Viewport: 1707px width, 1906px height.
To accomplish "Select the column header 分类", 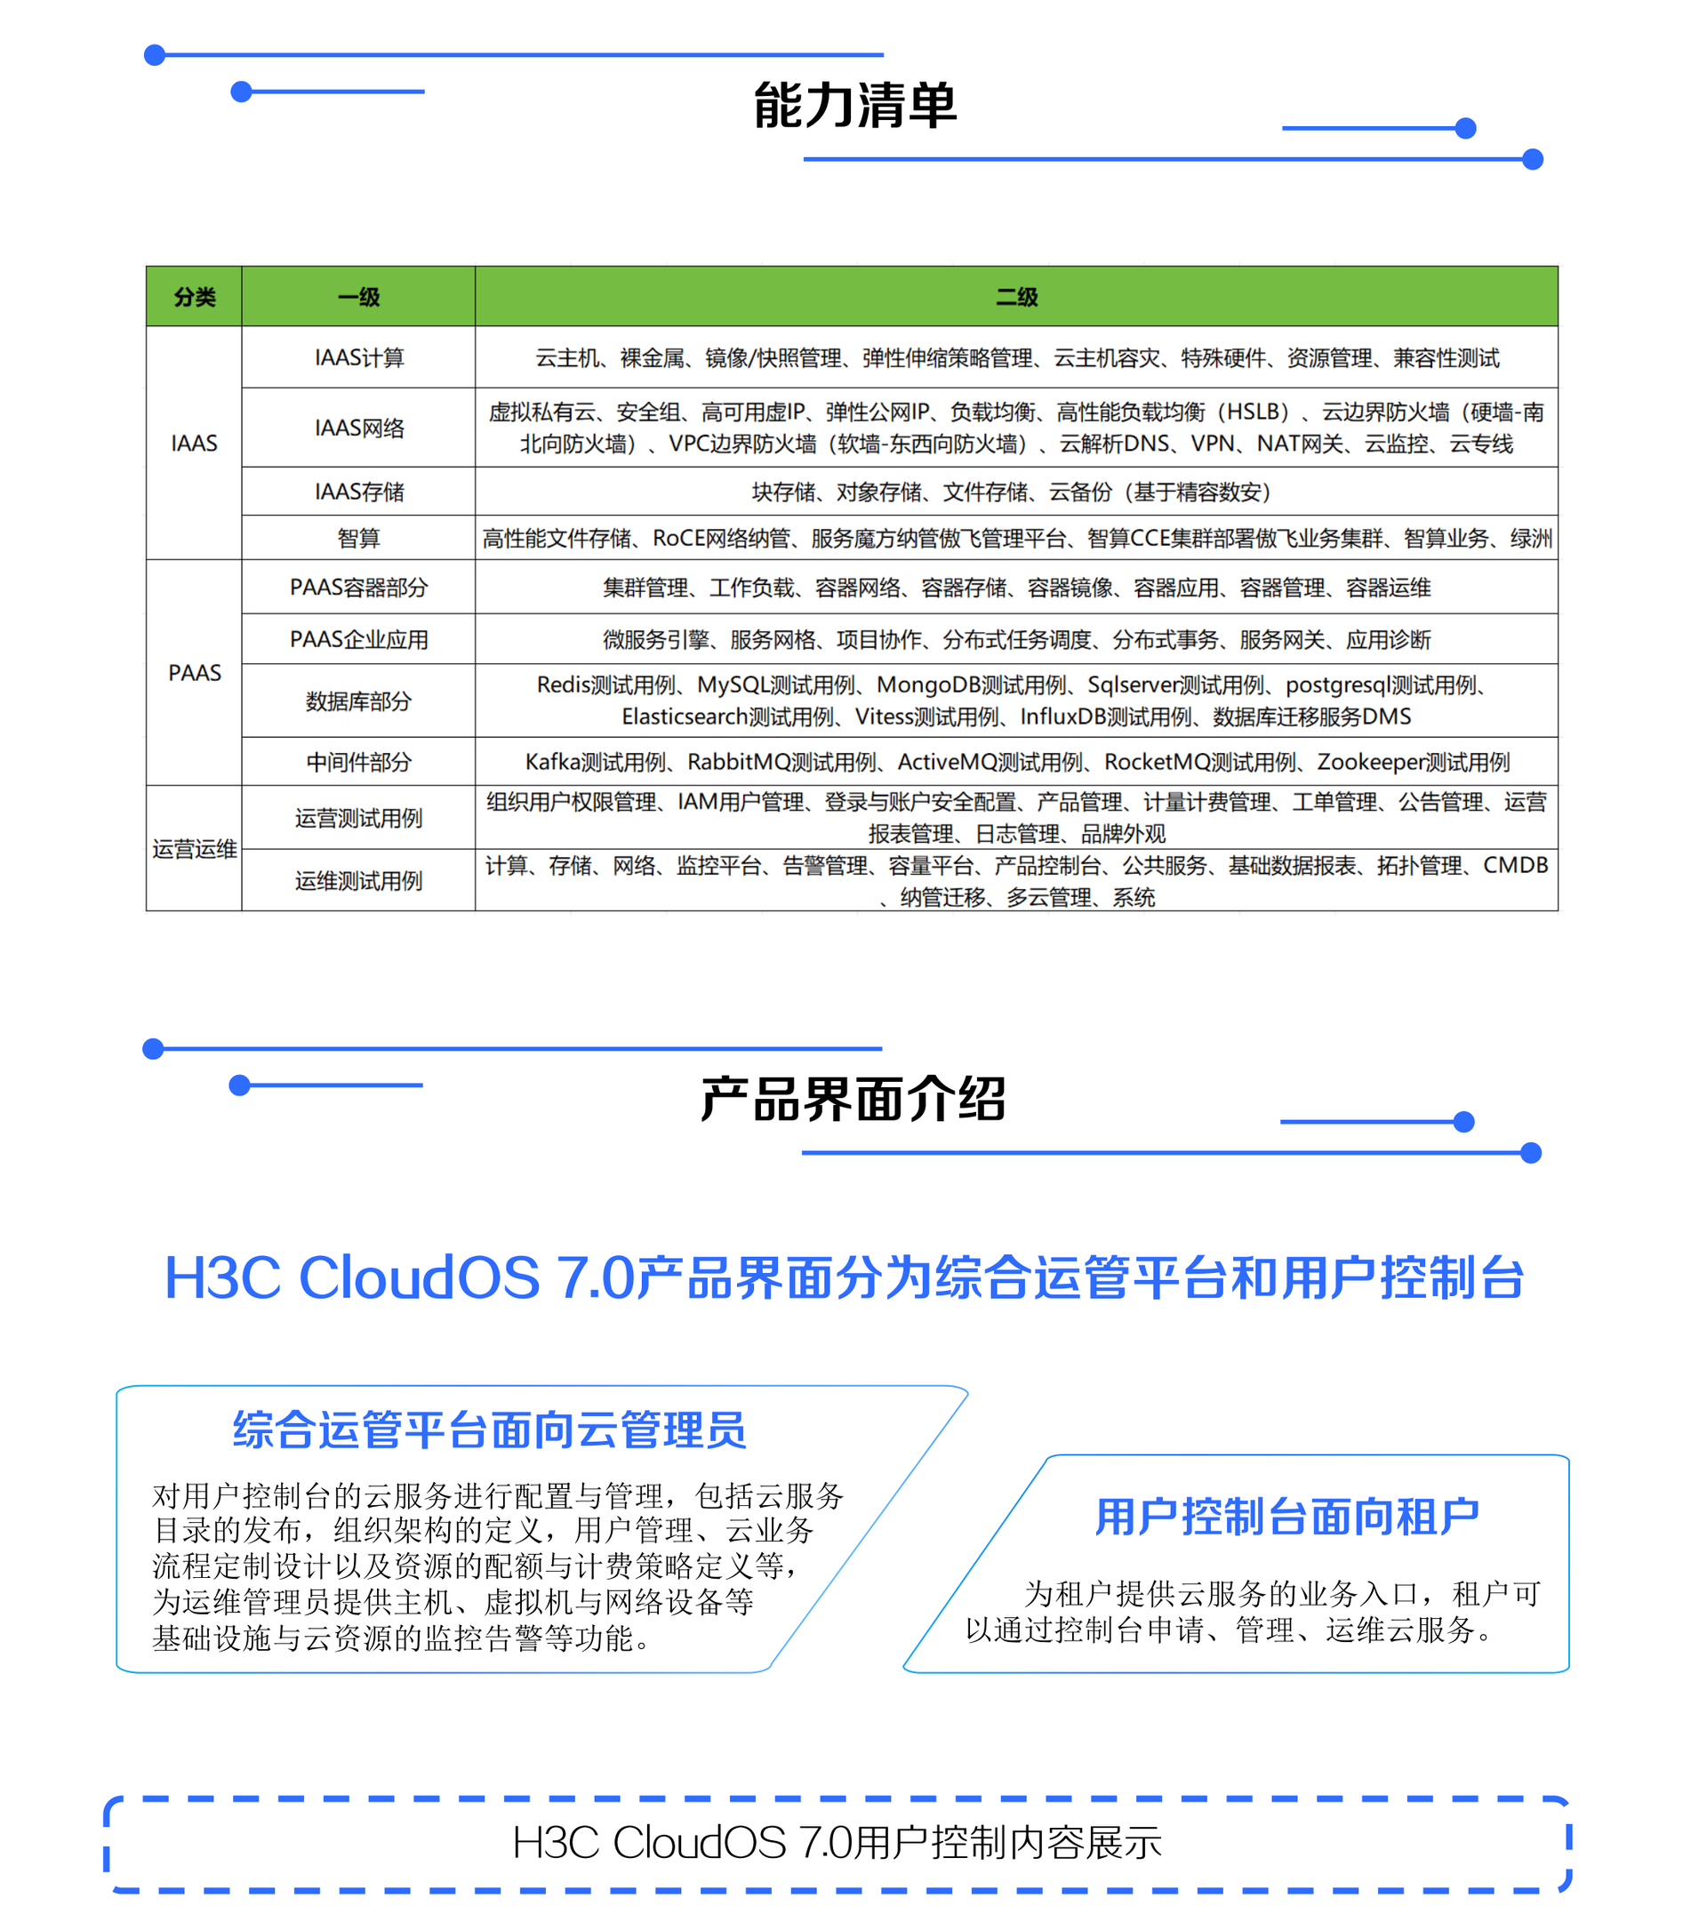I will click(x=194, y=297).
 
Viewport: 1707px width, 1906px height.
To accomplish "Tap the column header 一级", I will click(x=358, y=297).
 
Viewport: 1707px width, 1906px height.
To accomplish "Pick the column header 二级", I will click(x=1016, y=297).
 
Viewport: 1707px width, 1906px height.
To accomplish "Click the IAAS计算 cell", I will click(x=358, y=357).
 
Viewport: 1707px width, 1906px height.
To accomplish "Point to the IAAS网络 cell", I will click(x=358, y=428).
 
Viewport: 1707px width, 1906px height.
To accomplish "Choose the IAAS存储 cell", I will click(x=358, y=492).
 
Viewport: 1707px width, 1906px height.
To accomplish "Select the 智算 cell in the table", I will click(x=358, y=538).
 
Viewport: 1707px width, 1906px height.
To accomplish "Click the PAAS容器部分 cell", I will click(x=358, y=588).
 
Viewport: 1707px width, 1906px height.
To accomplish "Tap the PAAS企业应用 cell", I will click(x=358, y=639).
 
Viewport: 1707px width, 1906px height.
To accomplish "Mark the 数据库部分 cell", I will click(x=358, y=701).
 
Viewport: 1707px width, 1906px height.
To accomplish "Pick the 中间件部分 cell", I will click(x=358, y=762).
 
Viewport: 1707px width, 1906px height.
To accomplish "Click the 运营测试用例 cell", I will click(x=358, y=818).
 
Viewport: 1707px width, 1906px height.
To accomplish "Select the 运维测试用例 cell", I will click(x=358, y=880).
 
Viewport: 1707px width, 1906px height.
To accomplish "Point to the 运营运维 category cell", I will click(x=194, y=849).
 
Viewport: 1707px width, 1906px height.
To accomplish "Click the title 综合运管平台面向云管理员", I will click(x=489, y=1429).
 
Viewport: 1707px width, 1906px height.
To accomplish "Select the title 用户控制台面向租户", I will click(x=1286, y=1517).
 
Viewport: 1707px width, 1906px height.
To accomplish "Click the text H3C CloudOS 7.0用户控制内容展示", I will click(x=836, y=1842).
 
